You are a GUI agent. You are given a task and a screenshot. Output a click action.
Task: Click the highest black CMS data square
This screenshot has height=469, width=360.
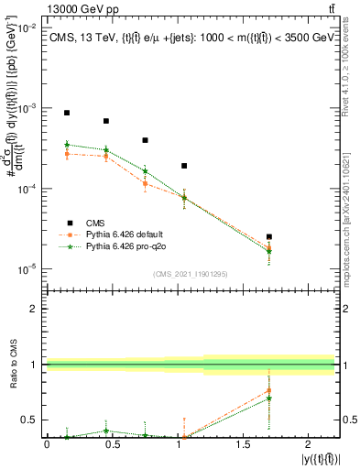pyautogui.click(x=67, y=113)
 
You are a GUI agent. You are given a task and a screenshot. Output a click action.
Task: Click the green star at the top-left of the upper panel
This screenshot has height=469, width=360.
pyautogui.click(x=67, y=145)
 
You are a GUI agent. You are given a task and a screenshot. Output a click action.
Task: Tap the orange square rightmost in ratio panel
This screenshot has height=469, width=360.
pyautogui.click(x=268, y=390)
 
